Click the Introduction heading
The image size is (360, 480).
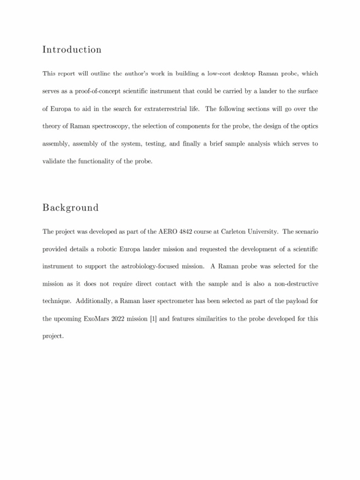(x=72, y=50)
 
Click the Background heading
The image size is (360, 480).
(x=70, y=208)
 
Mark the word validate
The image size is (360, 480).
(x=55, y=162)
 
